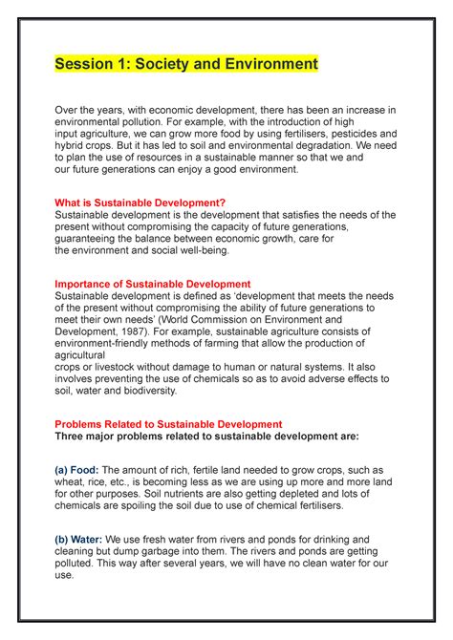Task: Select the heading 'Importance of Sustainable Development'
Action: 153,284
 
